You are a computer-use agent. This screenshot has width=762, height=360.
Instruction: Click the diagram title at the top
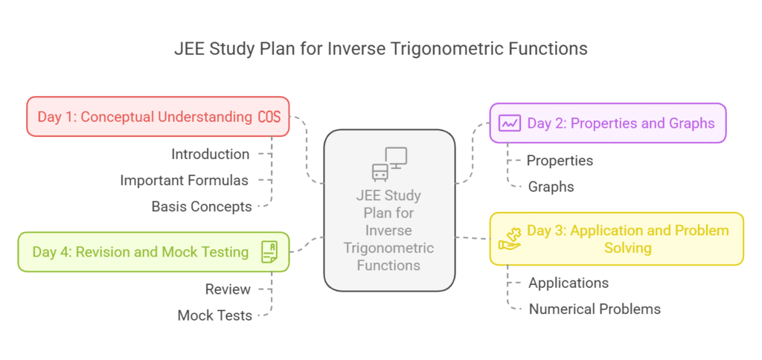(380, 48)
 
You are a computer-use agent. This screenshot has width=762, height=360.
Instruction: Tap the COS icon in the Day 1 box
(269, 117)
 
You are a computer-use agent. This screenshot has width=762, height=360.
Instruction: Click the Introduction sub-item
(211, 154)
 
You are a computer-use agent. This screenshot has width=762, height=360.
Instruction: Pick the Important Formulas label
(184, 180)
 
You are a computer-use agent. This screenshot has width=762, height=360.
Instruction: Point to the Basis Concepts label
(201, 207)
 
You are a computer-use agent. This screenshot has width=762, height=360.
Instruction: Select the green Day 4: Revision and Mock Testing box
(141, 251)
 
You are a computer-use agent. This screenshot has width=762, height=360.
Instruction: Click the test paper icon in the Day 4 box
(269, 251)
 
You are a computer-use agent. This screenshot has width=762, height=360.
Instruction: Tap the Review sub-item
(228, 289)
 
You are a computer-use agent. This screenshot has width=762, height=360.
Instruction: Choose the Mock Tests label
(214, 315)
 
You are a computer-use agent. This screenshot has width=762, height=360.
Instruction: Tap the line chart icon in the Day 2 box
(510, 123)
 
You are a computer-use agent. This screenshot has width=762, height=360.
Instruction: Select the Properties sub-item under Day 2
(560, 160)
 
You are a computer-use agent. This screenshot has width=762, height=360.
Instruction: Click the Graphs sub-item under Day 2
(551, 187)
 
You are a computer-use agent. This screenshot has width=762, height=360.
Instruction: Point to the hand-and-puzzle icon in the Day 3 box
(510, 239)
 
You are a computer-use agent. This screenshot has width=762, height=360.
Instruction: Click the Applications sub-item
(569, 283)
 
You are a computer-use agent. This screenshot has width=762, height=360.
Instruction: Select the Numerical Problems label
(595, 309)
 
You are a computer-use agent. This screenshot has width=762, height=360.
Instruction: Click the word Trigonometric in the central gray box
(388, 248)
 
